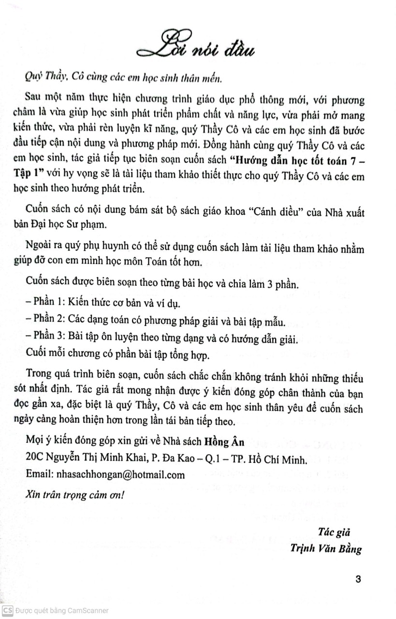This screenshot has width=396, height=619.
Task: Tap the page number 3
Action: tap(358, 579)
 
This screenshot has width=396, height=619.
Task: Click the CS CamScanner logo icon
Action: tap(7, 611)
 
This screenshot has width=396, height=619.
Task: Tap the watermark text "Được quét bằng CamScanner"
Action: tap(61, 611)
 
